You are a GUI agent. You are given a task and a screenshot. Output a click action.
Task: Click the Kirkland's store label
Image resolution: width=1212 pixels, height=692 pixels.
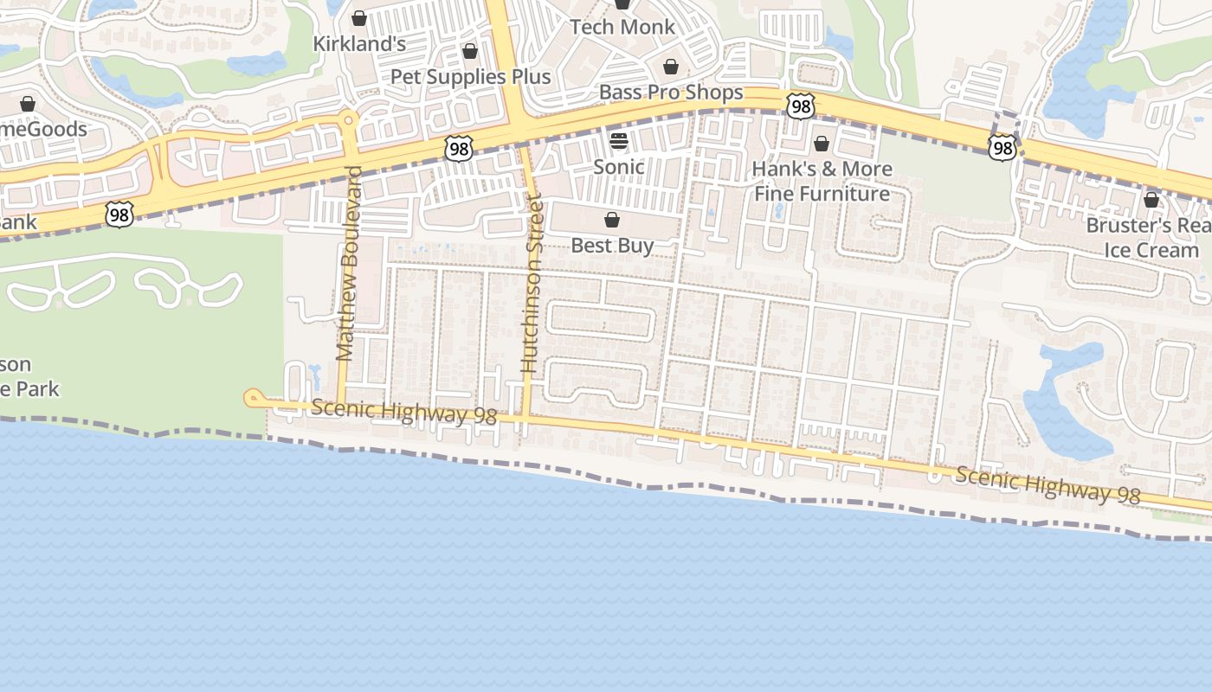(359, 43)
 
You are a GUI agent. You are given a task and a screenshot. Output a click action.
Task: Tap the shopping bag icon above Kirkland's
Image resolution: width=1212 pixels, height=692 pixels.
(359, 18)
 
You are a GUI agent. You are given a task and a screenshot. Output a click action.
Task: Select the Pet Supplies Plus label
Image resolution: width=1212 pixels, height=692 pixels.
(470, 77)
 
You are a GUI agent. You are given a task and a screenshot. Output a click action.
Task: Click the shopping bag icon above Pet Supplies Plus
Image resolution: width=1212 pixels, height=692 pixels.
(470, 52)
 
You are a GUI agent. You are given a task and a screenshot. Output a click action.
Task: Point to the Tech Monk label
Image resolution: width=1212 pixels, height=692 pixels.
(622, 27)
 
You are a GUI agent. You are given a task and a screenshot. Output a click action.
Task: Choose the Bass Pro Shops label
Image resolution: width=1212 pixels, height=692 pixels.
(671, 93)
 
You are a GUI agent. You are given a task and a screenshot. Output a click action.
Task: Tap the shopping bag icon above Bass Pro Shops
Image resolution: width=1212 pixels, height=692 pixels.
(671, 67)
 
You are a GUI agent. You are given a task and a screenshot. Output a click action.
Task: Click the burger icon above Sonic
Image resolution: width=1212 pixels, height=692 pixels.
(618, 141)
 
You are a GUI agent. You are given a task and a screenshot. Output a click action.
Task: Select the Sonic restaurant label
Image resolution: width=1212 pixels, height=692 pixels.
(618, 167)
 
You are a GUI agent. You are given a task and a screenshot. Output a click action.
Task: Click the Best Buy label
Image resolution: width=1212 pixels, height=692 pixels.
(612, 246)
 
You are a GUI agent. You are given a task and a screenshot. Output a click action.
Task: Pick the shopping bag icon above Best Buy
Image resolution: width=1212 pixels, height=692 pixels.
(612, 220)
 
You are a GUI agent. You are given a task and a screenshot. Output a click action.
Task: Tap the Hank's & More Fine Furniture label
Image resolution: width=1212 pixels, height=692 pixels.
(822, 181)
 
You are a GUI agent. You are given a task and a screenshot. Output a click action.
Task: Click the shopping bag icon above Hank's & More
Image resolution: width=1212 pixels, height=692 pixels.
(822, 143)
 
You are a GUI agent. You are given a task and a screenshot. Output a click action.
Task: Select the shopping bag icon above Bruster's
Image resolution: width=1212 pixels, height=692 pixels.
(1151, 200)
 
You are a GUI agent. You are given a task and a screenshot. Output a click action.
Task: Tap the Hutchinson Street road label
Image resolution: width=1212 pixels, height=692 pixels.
(531, 285)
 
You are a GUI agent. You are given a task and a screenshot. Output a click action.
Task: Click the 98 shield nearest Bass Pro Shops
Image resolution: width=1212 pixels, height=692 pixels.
(801, 106)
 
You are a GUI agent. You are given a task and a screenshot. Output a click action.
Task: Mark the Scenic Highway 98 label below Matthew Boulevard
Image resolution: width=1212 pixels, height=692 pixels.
(403, 412)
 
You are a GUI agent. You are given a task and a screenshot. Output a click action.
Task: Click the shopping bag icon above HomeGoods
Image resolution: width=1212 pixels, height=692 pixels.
(28, 104)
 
